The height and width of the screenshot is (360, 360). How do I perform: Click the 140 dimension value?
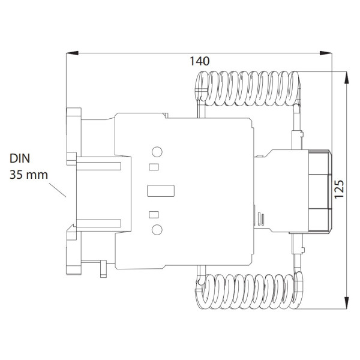pos(199,61)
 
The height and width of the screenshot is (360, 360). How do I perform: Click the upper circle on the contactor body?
pos(157,152)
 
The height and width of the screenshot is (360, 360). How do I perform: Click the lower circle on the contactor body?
pos(157,229)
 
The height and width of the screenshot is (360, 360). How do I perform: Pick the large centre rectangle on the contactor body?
pos(161,191)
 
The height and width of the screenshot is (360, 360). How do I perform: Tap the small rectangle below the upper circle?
pos(154,167)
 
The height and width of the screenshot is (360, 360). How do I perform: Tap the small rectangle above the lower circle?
pos(154,214)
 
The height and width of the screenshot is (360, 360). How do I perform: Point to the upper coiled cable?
pos(246,87)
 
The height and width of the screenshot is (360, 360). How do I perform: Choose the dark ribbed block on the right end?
pos(319,190)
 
